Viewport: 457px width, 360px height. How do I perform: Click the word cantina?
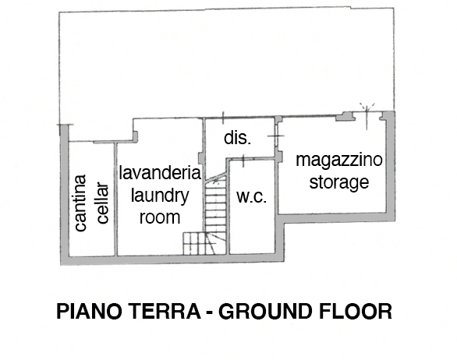pos(80,203)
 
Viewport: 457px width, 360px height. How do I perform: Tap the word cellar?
pos(103,203)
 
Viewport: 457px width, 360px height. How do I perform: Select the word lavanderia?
pos(160,173)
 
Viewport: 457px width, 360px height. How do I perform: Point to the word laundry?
pos(160,196)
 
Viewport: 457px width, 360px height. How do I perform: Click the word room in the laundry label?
pos(160,217)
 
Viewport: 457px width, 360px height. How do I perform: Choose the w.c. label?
pos(252,197)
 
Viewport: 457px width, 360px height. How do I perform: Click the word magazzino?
pos(339,160)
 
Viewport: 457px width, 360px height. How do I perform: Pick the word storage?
pos(339,182)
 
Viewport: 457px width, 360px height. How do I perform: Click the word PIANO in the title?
pos(89,311)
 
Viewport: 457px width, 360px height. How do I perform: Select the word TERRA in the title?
pos(165,311)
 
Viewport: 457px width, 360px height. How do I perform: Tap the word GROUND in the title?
pos(265,311)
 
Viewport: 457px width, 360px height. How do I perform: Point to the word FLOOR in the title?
pos(356,311)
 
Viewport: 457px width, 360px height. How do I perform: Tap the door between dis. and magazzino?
pos(276,136)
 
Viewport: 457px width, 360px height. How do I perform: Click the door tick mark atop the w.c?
pos(243,161)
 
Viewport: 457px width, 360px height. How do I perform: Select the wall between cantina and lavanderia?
pos(115,199)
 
